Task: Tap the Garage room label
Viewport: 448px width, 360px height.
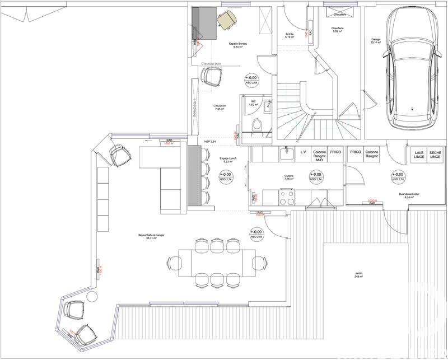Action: click(x=376, y=41)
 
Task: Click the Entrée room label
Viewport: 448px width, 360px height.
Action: click(x=290, y=36)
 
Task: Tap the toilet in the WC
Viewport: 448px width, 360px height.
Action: click(x=256, y=125)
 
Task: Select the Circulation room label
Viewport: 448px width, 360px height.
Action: click(x=219, y=107)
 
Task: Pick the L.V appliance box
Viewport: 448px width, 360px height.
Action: click(x=303, y=152)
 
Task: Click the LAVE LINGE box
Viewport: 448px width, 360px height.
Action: click(x=418, y=155)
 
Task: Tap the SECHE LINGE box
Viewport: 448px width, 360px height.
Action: click(x=435, y=155)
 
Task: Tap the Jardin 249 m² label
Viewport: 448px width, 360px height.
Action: click(x=358, y=275)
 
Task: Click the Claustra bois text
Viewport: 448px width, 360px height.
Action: click(x=211, y=64)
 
